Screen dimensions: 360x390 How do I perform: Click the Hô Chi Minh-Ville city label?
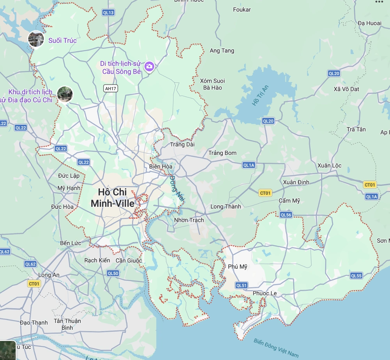[x=112, y=198]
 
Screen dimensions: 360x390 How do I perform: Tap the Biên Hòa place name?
[x=161, y=166]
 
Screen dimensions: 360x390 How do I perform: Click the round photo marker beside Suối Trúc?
[x=36, y=39]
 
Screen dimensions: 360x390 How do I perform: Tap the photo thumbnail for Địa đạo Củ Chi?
[x=65, y=94]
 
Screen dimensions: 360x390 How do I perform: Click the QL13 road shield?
[x=108, y=12]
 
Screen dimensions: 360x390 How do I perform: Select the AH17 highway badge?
[x=110, y=88]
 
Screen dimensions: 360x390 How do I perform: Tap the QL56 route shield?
[x=286, y=215]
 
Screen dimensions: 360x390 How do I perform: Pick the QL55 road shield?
[x=356, y=275]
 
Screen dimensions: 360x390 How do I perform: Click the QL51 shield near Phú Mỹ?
[x=241, y=285]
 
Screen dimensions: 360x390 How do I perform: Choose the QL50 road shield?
[x=113, y=273]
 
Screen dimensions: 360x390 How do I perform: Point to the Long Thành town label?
[x=226, y=206]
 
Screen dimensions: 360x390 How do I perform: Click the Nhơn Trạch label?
[x=189, y=220]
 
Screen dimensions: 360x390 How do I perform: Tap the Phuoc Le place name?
[x=265, y=293]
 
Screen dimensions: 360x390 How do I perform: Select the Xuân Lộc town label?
[x=330, y=166]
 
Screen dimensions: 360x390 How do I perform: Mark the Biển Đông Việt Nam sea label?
[x=276, y=348]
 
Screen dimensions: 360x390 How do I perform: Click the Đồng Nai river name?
[x=176, y=188]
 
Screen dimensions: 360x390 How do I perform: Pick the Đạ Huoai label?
[x=370, y=23]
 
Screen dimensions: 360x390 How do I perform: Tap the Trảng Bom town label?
[x=223, y=153]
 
